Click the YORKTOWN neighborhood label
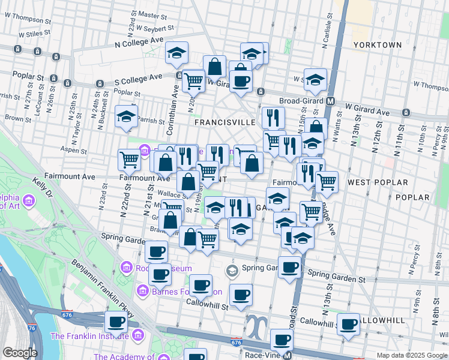[377, 45]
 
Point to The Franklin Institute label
[91, 335]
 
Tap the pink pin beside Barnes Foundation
[143, 291]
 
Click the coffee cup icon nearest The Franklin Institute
[116, 322]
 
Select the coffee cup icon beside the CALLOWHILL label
[349, 324]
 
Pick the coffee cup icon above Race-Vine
[282, 340]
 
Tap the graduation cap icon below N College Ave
[177, 54]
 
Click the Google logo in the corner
[20, 353]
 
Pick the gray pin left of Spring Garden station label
[232, 271]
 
